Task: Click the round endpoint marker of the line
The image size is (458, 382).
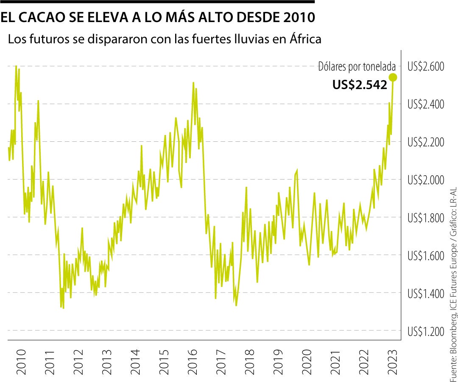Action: pos(393,77)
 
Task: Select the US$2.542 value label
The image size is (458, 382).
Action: pos(360,85)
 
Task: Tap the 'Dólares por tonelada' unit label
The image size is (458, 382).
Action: pos(357,67)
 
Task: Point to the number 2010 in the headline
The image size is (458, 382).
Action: pos(297,17)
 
